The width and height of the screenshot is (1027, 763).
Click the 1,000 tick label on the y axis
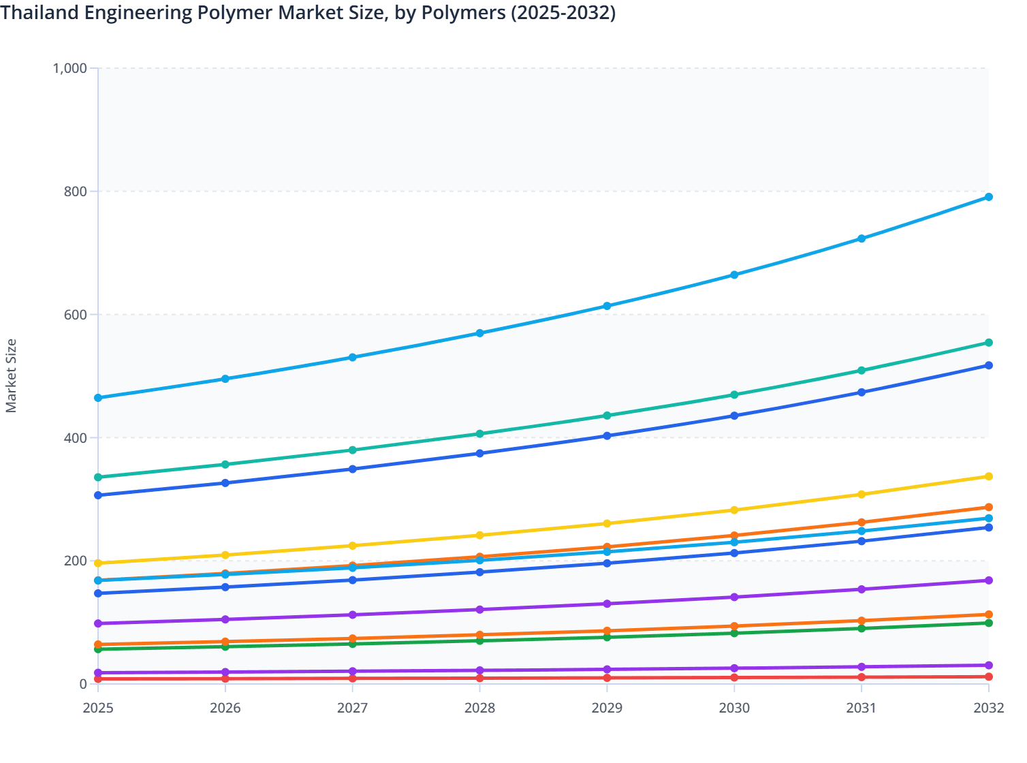pyautogui.click(x=69, y=68)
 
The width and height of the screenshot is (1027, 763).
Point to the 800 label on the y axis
pyautogui.click(x=75, y=191)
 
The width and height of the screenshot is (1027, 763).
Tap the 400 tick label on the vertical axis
pyautogui.click(x=75, y=437)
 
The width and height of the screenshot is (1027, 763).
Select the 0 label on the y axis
pyautogui.click(x=83, y=684)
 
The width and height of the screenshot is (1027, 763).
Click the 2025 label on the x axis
pyautogui.click(x=98, y=708)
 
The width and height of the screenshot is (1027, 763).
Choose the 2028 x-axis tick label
pyautogui.click(x=479, y=708)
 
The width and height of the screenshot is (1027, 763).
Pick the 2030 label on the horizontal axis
pyautogui.click(x=734, y=708)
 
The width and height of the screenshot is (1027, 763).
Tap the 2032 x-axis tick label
pyautogui.click(x=988, y=708)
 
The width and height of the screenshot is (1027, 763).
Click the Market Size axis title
pyautogui.click(x=11, y=375)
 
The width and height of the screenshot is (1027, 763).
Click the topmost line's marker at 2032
pyautogui.click(x=988, y=197)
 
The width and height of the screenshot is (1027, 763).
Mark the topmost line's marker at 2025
pyautogui.click(x=98, y=398)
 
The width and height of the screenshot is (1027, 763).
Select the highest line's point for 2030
pyautogui.click(x=734, y=275)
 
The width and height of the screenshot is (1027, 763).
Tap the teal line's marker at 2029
pyautogui.click(x=607, y=416)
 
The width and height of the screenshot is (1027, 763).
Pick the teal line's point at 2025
pyautogui.click(x=98, y=477)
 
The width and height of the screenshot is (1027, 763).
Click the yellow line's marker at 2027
pyautogui.click(x=352, y=546)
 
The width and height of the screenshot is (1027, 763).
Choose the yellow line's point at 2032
pyautogui.click(x=988, y=476)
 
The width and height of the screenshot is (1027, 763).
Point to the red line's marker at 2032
pyautogui.click(x=988, y=676)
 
